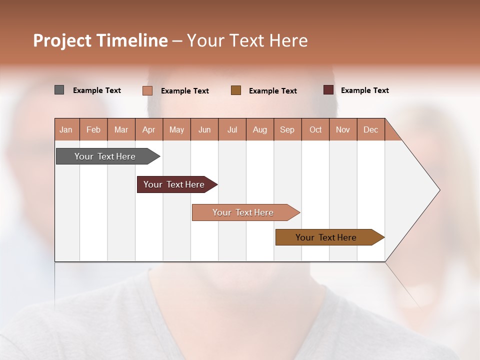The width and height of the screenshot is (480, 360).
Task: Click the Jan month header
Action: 66,129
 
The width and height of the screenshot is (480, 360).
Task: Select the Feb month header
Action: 93,129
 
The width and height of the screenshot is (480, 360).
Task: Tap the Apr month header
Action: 149,129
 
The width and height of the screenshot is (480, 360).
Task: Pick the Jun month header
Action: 204,129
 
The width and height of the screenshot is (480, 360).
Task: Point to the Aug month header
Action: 260,129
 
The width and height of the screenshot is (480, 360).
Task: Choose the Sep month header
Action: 287,129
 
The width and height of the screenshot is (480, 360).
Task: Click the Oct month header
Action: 315,129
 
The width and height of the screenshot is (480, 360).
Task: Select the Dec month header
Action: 371,129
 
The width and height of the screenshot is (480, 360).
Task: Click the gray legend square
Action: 59,90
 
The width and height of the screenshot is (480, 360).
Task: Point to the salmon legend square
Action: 147,90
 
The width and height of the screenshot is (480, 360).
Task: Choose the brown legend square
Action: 236,90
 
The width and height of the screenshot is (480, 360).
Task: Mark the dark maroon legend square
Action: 328,90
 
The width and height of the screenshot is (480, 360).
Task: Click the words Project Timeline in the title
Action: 100,40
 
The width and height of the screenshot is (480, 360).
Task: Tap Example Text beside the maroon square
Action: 364,90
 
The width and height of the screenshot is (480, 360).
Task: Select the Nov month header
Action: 343,129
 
